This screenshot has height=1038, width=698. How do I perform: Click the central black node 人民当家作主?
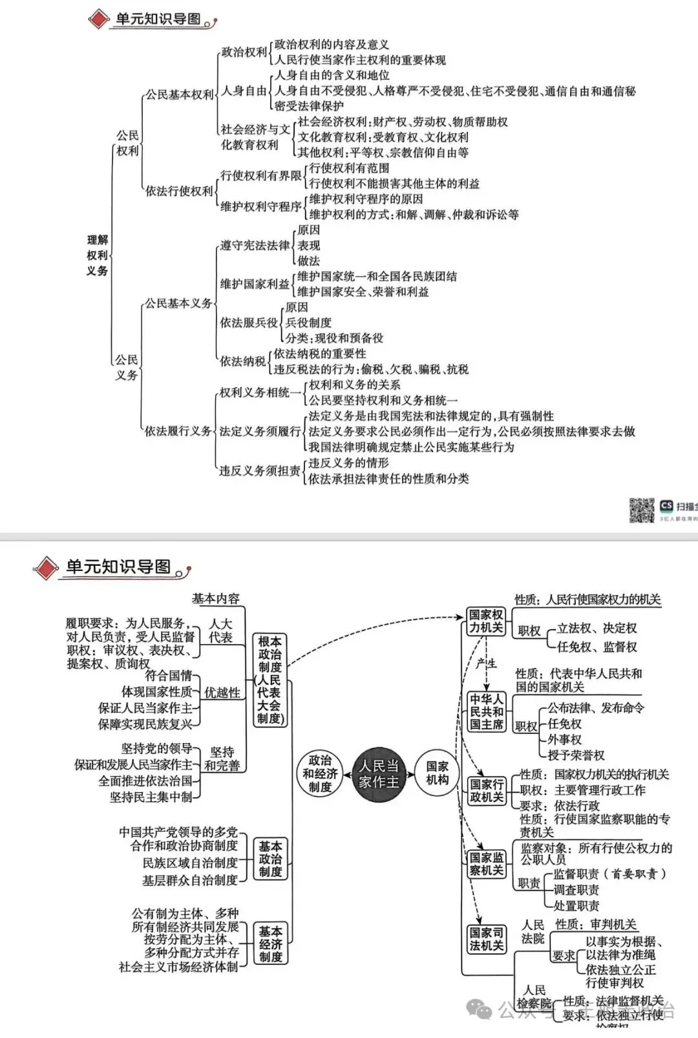379,774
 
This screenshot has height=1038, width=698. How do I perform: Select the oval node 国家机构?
438,773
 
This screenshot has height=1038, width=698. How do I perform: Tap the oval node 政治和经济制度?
320,773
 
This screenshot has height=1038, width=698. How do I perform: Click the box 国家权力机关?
486,621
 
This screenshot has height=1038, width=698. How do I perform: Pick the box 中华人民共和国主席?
486,711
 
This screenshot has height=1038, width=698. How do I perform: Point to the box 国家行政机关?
486,790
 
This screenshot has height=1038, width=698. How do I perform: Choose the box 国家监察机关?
486,863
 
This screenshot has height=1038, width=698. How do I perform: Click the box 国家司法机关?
486,938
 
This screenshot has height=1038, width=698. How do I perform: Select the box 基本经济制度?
270,944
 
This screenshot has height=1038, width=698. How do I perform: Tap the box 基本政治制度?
270,859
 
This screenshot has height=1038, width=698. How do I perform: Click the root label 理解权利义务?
98,255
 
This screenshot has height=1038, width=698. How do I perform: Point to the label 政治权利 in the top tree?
244,52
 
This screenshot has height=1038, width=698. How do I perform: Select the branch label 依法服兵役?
248,322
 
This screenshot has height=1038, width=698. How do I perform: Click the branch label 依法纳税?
242,361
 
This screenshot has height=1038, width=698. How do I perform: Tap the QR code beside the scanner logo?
641,510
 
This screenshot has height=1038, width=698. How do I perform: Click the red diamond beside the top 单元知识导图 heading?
98,19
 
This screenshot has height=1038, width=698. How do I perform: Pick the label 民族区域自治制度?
190,863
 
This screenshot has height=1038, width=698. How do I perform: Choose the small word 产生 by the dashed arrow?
486,663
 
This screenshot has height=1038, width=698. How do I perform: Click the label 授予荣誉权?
576,755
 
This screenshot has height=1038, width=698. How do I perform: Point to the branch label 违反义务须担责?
259,471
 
